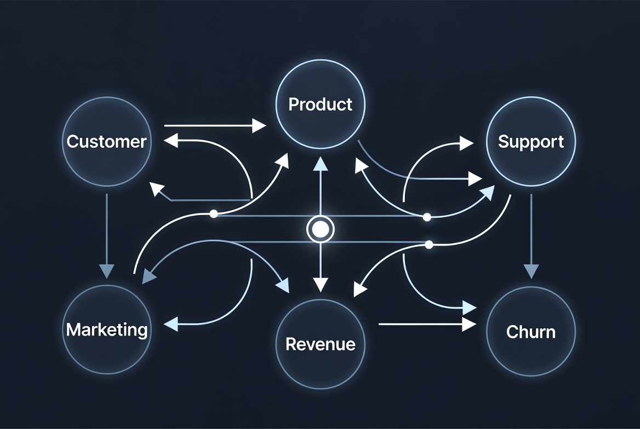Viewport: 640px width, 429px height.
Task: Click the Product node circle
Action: [321, 104]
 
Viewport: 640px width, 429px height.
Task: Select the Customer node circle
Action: [107, 141]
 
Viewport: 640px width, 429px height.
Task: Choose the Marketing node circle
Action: [107, 330]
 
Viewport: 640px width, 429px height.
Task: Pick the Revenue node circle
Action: [321, 344]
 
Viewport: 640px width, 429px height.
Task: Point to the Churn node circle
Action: [530, 332]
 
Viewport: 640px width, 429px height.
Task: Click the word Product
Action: [321, 104]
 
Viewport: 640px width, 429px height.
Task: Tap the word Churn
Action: [530, 332]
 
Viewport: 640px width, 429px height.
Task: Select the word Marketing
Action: [107, 330]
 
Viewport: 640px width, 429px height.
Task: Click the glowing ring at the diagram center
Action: [320, 229]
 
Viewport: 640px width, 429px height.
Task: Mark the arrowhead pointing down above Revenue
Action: [320, 284]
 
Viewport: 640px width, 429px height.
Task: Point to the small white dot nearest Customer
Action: [214, 214]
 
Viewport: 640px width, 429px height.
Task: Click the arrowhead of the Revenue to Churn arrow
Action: [469, 324]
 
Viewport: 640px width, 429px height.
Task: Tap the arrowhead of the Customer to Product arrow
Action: [259, 126]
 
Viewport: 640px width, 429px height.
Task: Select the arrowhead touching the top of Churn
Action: [530, 271]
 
